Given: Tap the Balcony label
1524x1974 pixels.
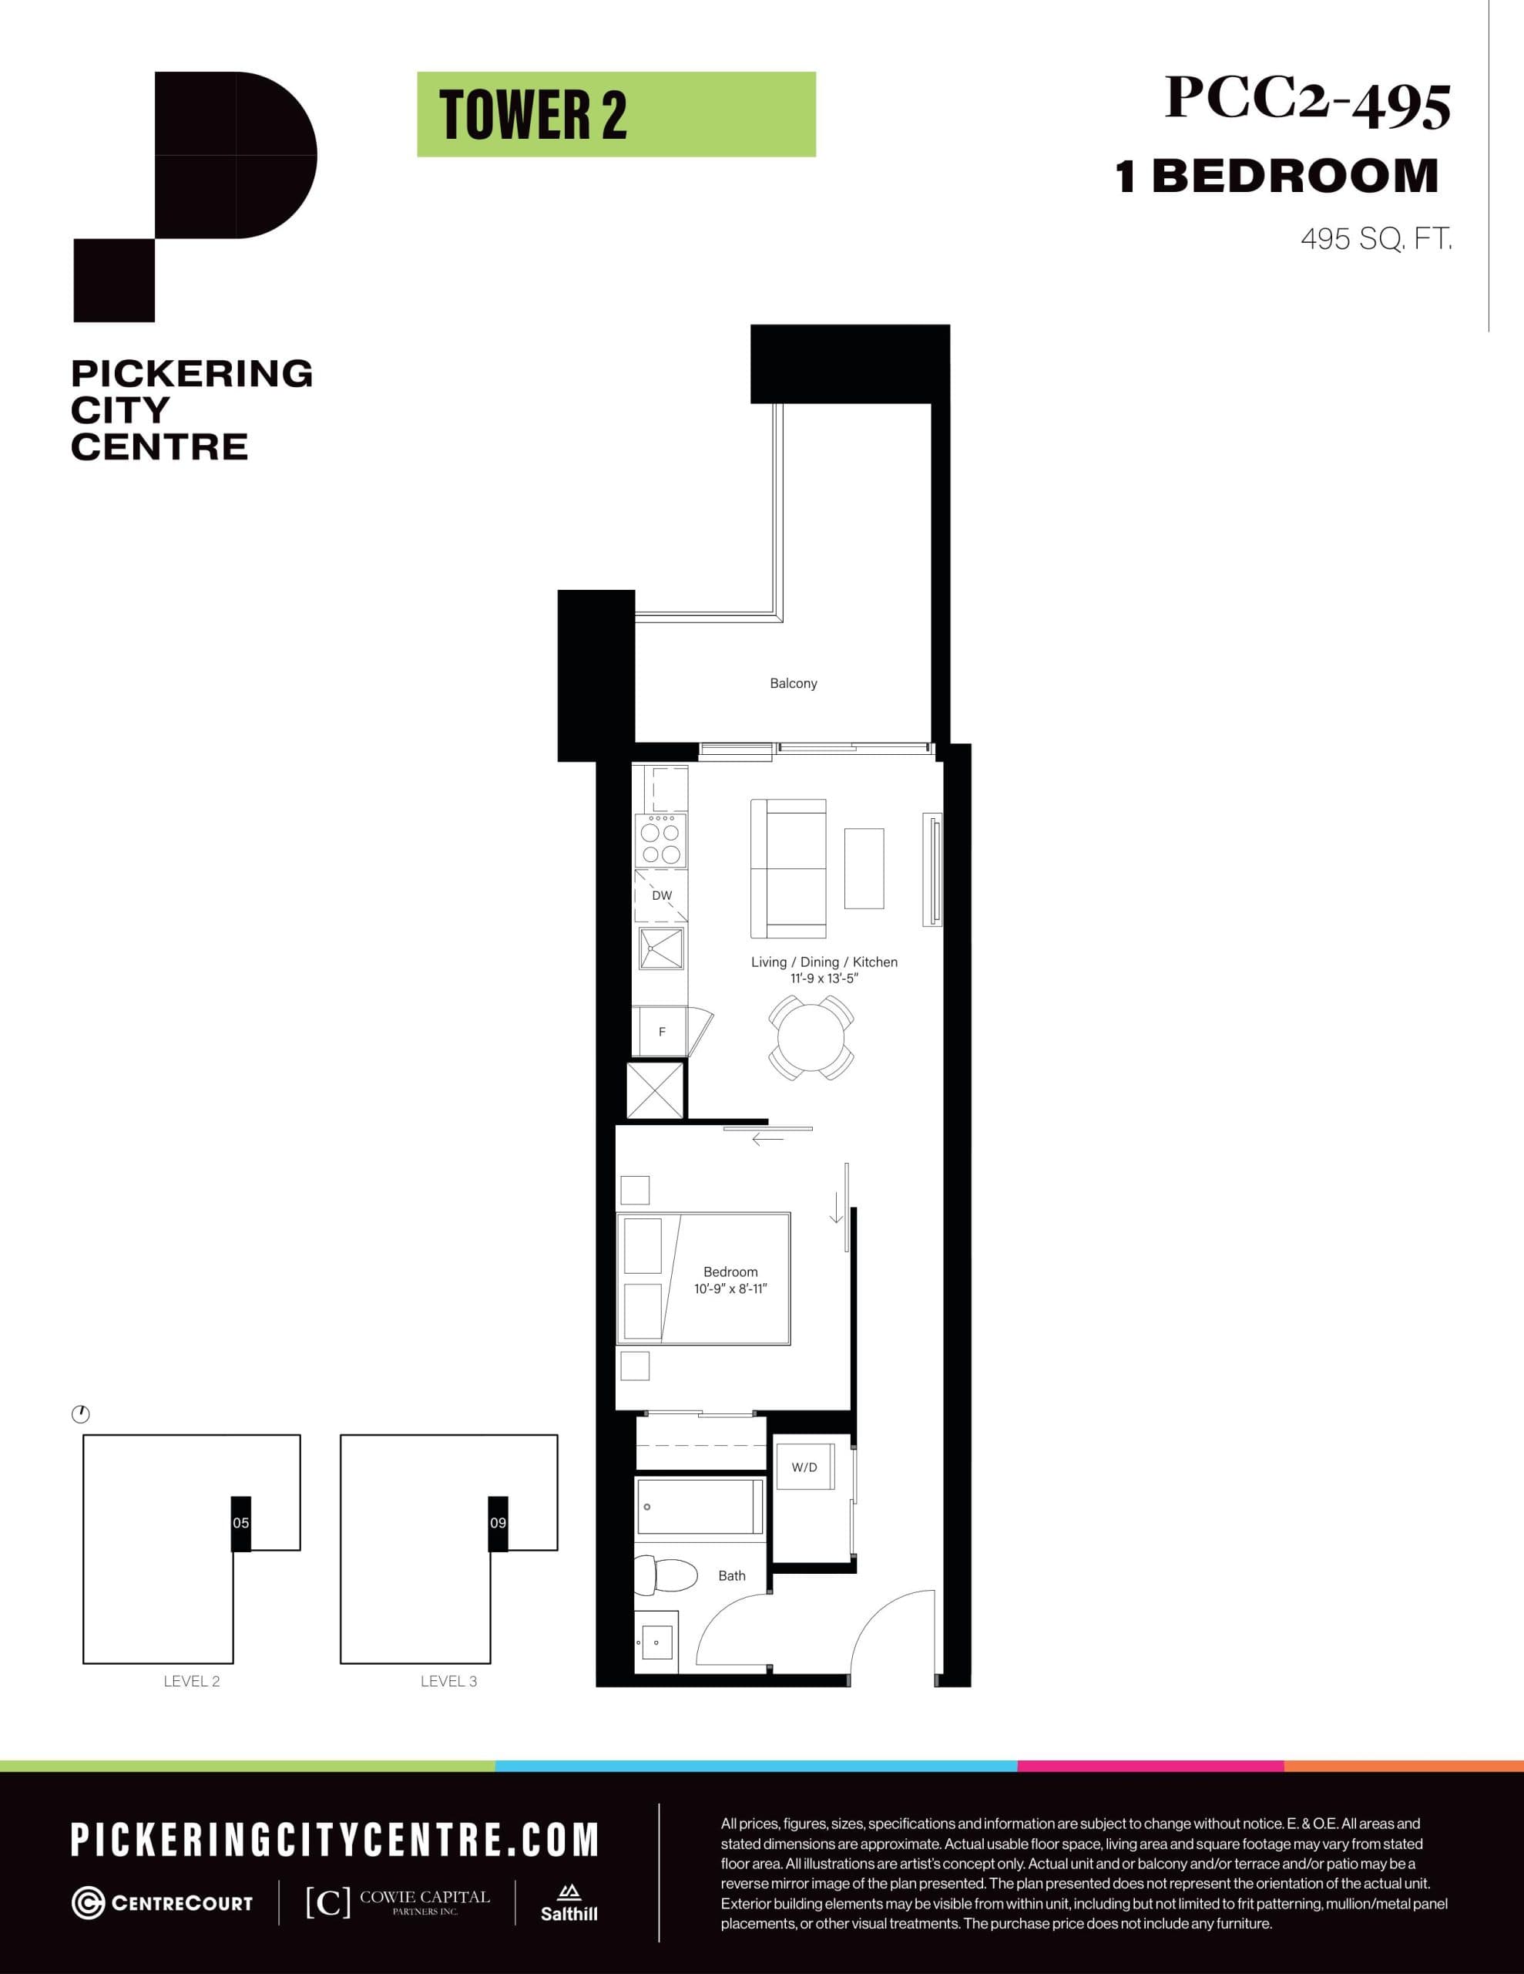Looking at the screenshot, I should click(793, 683).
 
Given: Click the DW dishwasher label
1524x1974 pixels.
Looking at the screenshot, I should click(661, 896).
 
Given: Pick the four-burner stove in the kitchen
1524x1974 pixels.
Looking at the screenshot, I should click(660, 840).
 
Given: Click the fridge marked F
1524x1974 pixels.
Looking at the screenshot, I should click(661, 1031).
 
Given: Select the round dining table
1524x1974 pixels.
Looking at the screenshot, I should click(811, 1038).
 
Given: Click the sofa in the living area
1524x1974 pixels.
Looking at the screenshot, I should click(787, 868).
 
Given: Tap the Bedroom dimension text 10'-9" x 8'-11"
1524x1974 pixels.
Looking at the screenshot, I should click(730, 1289).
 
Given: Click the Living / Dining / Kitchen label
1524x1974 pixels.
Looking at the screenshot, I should click(824, 962).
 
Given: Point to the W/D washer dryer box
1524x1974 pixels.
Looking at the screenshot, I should click(804, 1467).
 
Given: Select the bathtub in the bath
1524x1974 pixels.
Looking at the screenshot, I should click(700, 1507).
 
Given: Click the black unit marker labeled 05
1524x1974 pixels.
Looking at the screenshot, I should click(240, 1523).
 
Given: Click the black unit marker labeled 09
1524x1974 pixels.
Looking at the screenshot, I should click(498, 1523).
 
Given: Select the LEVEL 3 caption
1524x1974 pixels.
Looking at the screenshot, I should click(448, 1681).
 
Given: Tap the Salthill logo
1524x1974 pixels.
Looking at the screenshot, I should click(568, 1904).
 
